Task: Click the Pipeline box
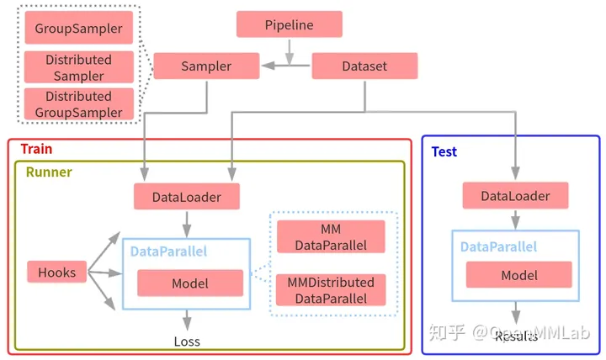click(289, 24)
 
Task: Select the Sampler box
click(205, 66)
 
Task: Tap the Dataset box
click(364, 66)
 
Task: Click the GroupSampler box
click(78, 28)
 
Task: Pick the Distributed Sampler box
click(78, 67)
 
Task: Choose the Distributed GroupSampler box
click(78, 104)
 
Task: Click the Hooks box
click(57, 272)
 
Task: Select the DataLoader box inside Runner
click(186, 198)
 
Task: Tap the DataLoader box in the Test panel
click(514, 196)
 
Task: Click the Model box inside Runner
click(189, 283)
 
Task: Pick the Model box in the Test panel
click(518, 275)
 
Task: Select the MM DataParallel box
click(330, 236)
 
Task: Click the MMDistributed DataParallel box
click(330, 290)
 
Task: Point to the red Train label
click(36, 149)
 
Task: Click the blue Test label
click(444, 151)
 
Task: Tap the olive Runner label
click(48, 172)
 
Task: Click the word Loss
click(187, 341)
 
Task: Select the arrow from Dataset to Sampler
click(286, 66)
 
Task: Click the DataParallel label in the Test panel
click(498, 247)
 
